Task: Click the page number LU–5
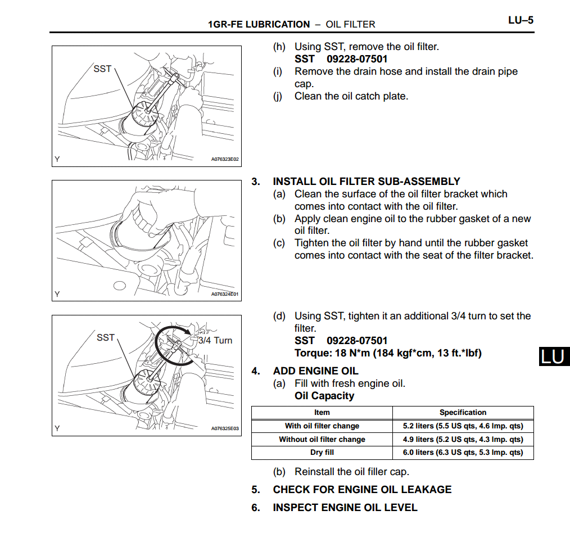click(520, 21)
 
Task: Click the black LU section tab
click(554, 356)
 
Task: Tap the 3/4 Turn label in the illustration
click(215, 340)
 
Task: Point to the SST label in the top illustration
click(102, 69)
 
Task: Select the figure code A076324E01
click(225, 294)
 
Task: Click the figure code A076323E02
click(225, 159)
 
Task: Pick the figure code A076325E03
click(225, 428)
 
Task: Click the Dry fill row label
click(322, 453)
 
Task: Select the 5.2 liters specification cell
click(463, 426)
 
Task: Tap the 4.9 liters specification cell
click(463, 440)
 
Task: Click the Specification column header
click(463, 412)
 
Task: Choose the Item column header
click(322, 412)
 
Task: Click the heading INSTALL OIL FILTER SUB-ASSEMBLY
click(366, 182)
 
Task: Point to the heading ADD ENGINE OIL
click(315, 371)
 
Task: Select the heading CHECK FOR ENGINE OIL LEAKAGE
click(362, 490)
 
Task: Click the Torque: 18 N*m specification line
click(388, 353)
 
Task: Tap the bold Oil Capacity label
click(324, 396)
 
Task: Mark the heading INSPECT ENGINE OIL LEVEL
click(345, 508)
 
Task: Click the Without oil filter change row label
click(322, 440)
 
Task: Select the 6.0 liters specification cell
click(463, 453)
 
